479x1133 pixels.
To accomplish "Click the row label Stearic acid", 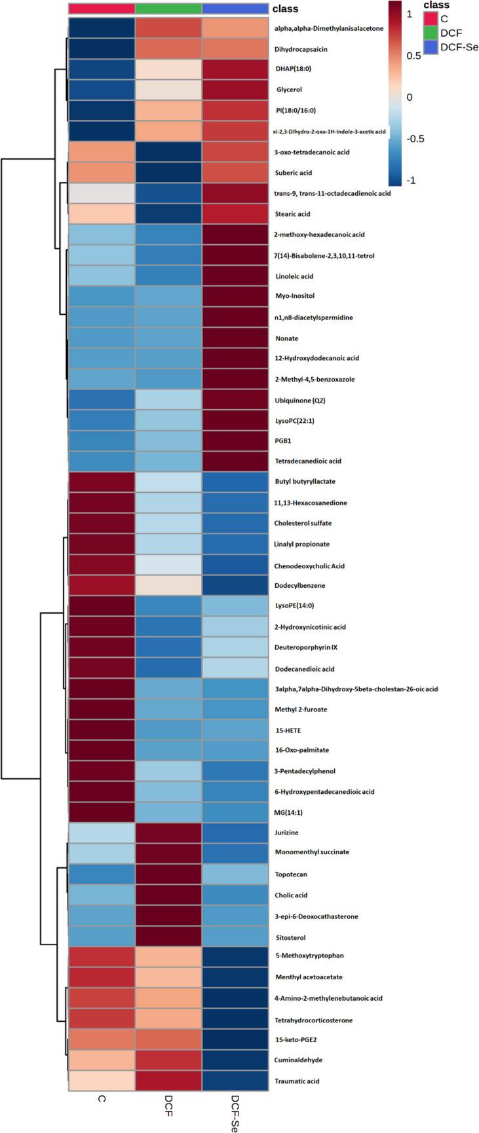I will coord(292,214).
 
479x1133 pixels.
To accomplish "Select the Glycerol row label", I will coord(288,90).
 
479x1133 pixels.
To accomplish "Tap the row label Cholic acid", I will coord(292,895).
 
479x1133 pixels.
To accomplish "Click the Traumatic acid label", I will coord(297,1081).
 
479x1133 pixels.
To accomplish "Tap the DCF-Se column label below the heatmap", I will coord(235,1112).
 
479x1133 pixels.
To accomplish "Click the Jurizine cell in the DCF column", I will coord(168,833).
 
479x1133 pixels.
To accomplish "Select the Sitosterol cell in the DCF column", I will coord(168,937).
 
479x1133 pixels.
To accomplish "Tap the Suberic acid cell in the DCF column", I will coord(168,173).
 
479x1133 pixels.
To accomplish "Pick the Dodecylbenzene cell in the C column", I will coord(102,586).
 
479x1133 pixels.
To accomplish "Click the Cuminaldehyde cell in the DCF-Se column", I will coord(235,1060).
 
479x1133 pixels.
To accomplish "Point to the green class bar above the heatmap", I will coord(168,9).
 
